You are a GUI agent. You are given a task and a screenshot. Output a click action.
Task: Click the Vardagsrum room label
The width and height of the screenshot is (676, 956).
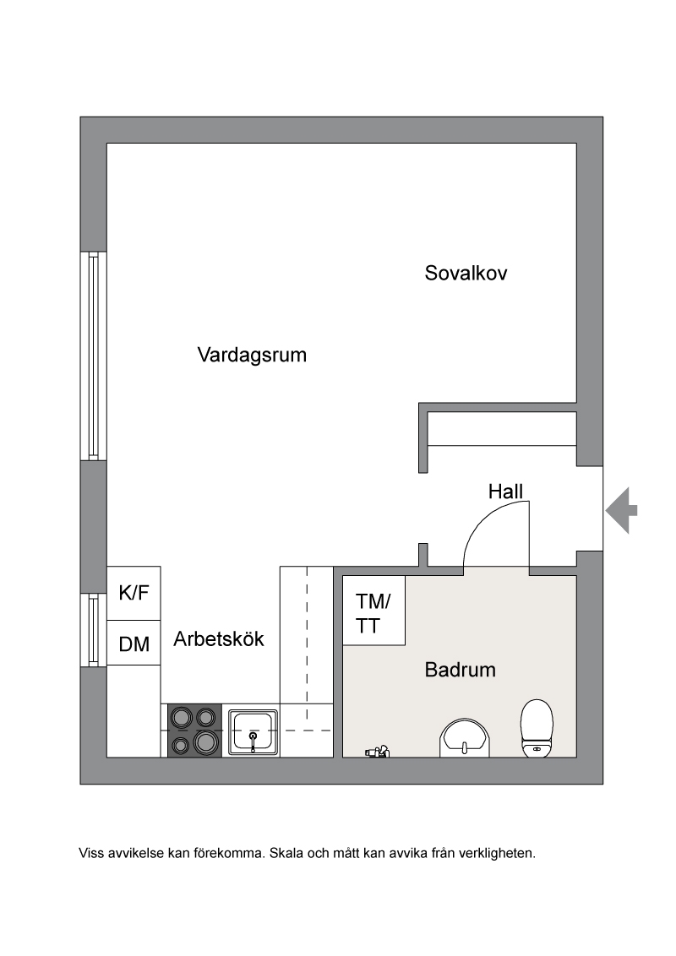tap(252, 355)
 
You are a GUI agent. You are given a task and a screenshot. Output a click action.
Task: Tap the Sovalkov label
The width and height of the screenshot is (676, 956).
tap(466, 273)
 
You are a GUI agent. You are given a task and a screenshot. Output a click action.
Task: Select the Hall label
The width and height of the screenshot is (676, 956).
tap(506, 492)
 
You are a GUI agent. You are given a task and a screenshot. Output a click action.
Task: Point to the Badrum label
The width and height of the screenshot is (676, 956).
tap(460, 670)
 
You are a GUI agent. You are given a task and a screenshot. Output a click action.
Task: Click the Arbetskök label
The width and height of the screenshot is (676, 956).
tap(219, 638)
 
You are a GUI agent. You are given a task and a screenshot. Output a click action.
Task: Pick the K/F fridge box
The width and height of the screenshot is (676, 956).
tap(134, 593)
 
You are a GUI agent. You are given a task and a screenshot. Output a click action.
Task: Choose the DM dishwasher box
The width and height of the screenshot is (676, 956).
tap(134, 644)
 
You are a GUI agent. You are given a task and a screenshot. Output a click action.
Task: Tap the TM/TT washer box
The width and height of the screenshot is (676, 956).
tap(374, 611)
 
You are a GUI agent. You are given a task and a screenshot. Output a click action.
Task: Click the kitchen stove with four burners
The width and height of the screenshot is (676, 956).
tap(194, 731)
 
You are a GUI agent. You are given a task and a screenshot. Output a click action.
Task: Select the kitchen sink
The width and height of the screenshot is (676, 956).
tap(253, 731)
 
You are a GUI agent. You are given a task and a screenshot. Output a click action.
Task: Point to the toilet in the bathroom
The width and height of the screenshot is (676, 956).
tap(537, 729)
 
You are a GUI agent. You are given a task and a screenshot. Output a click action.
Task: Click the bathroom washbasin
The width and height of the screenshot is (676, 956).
tap(464, 738)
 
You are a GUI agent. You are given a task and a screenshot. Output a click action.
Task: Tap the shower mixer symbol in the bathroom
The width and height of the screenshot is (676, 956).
tap(378, 752)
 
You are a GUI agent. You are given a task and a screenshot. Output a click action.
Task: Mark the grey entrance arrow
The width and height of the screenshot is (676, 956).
tap(621, 510)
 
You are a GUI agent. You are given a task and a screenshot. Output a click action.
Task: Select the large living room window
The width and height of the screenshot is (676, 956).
tap(93, 356)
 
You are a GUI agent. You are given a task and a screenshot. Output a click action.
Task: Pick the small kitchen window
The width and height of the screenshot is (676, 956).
tap(93, 630)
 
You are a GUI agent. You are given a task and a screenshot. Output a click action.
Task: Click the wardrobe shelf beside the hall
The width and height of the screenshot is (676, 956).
tap(502, 429)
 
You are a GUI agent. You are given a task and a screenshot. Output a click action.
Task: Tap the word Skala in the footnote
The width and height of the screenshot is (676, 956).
tap(286, 853)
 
